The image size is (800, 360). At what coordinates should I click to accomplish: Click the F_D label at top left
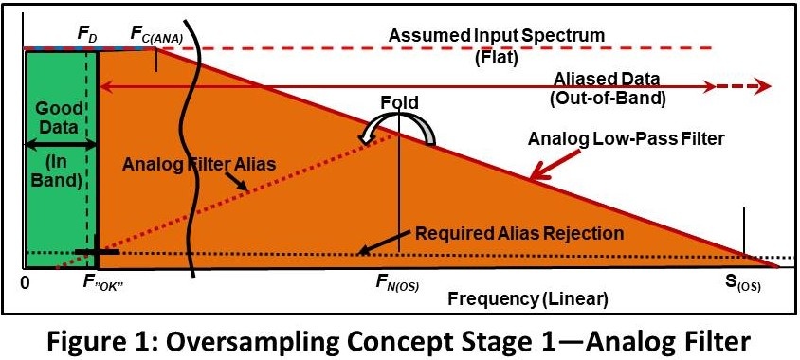85,33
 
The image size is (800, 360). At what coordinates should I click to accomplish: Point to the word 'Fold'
399,102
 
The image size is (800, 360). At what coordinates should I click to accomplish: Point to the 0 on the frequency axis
27,282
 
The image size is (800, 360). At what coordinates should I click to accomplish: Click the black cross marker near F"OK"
98,253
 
